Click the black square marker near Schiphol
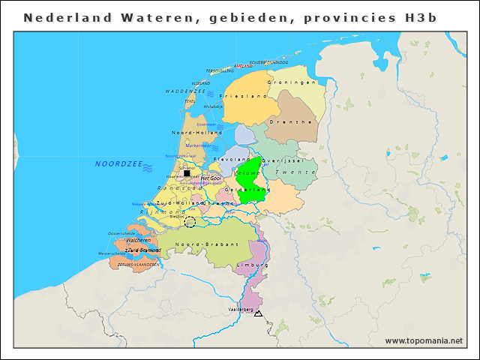tap(187, 173)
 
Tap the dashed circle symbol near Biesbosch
tap(190, 222)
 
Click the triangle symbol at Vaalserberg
tap(258, 313)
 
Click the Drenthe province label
tap(290, 121)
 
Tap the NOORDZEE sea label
tap(118, 163)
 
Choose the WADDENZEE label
tap(185, 91)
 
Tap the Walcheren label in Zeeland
tap(138, 240)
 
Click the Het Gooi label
tap(211, 178)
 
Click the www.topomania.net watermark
tap(424, 340)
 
